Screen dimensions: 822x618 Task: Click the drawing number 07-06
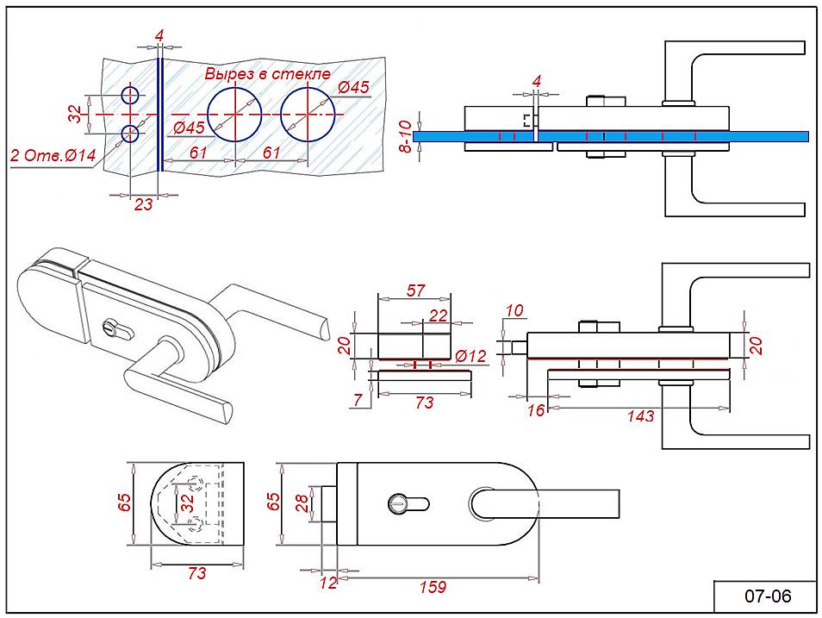point(768,596)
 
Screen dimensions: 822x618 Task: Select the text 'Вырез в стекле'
point(267,73)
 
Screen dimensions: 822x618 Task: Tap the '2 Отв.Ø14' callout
point(53,155)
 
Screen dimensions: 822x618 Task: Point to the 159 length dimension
point(433,586)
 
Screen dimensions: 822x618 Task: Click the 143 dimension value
point(640,416)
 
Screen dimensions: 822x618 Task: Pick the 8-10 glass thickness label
point(405,136)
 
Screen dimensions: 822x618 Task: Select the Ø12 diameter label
point(470,356)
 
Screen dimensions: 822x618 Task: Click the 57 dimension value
point(415,290)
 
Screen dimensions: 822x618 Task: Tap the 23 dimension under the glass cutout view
point(143,204)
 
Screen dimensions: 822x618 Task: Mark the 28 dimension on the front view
point(302,503)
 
